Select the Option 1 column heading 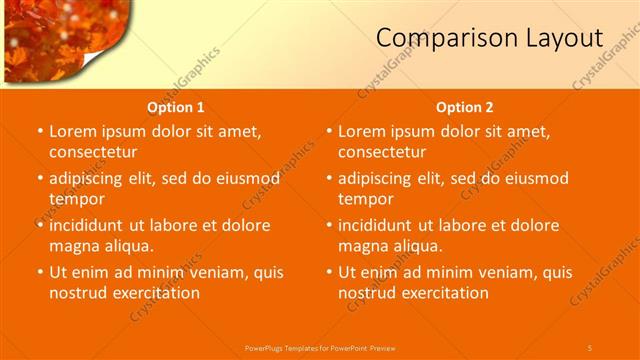click(176, 107)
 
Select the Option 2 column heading click(465, 107)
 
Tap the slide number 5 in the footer click(590, 347)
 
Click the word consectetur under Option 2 click(381, 152)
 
